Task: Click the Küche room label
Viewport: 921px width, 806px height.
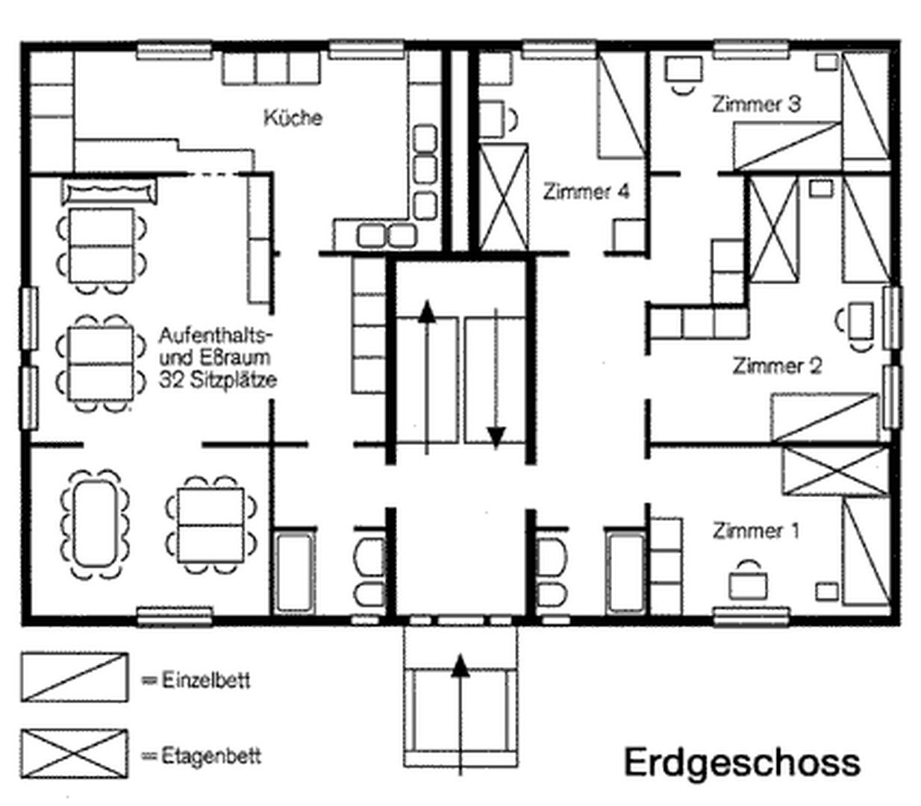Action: (x=293, y=117)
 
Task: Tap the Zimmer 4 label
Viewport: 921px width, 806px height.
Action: (x=586, y=192)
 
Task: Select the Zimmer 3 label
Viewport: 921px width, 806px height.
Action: (x=756, y=104)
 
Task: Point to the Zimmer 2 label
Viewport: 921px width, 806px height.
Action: (x=777, y=366)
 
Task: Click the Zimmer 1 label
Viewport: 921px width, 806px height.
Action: (x=756, y=531)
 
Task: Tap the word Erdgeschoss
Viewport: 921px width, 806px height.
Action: (x=743, y=762)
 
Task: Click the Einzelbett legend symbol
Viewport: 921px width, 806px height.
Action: (x=75, y=678)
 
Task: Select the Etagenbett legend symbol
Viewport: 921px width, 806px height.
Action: (x=75, y=754)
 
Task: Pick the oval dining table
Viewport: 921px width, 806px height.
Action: (x=95, y=523)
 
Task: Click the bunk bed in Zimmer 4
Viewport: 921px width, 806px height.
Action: (x=503, y=197)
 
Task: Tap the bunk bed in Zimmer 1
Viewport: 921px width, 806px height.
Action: (x=836, y=471)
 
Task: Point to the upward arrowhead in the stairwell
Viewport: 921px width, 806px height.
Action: (x=427, y=312)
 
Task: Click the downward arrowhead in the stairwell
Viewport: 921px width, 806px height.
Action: (x=496, y=437)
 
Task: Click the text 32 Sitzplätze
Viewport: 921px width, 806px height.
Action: (x=218, y=381)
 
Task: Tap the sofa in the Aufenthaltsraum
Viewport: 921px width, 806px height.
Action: (x=110, y=191)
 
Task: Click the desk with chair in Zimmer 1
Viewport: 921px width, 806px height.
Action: (x=748, y=580)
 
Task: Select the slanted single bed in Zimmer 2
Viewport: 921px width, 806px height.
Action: (x=825, y=417)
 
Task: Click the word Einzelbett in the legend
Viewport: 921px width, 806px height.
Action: (x=205, y=680)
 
